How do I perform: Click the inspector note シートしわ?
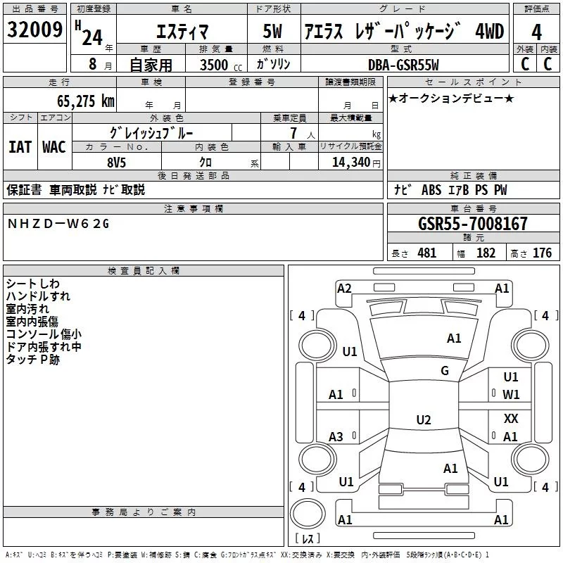[x=33, y=284]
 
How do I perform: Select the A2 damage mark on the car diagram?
[x=344, y=288]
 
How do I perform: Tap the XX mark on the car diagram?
[x=511, y=419]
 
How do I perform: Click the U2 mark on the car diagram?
[x=424, y=420]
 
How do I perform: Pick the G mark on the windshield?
[x=444, y=371]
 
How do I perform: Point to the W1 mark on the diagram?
[x=511, y=395]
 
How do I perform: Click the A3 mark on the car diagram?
[x=336, y=437]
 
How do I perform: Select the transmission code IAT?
[x=20, y=147]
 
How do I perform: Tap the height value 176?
[x=542, y=253]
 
